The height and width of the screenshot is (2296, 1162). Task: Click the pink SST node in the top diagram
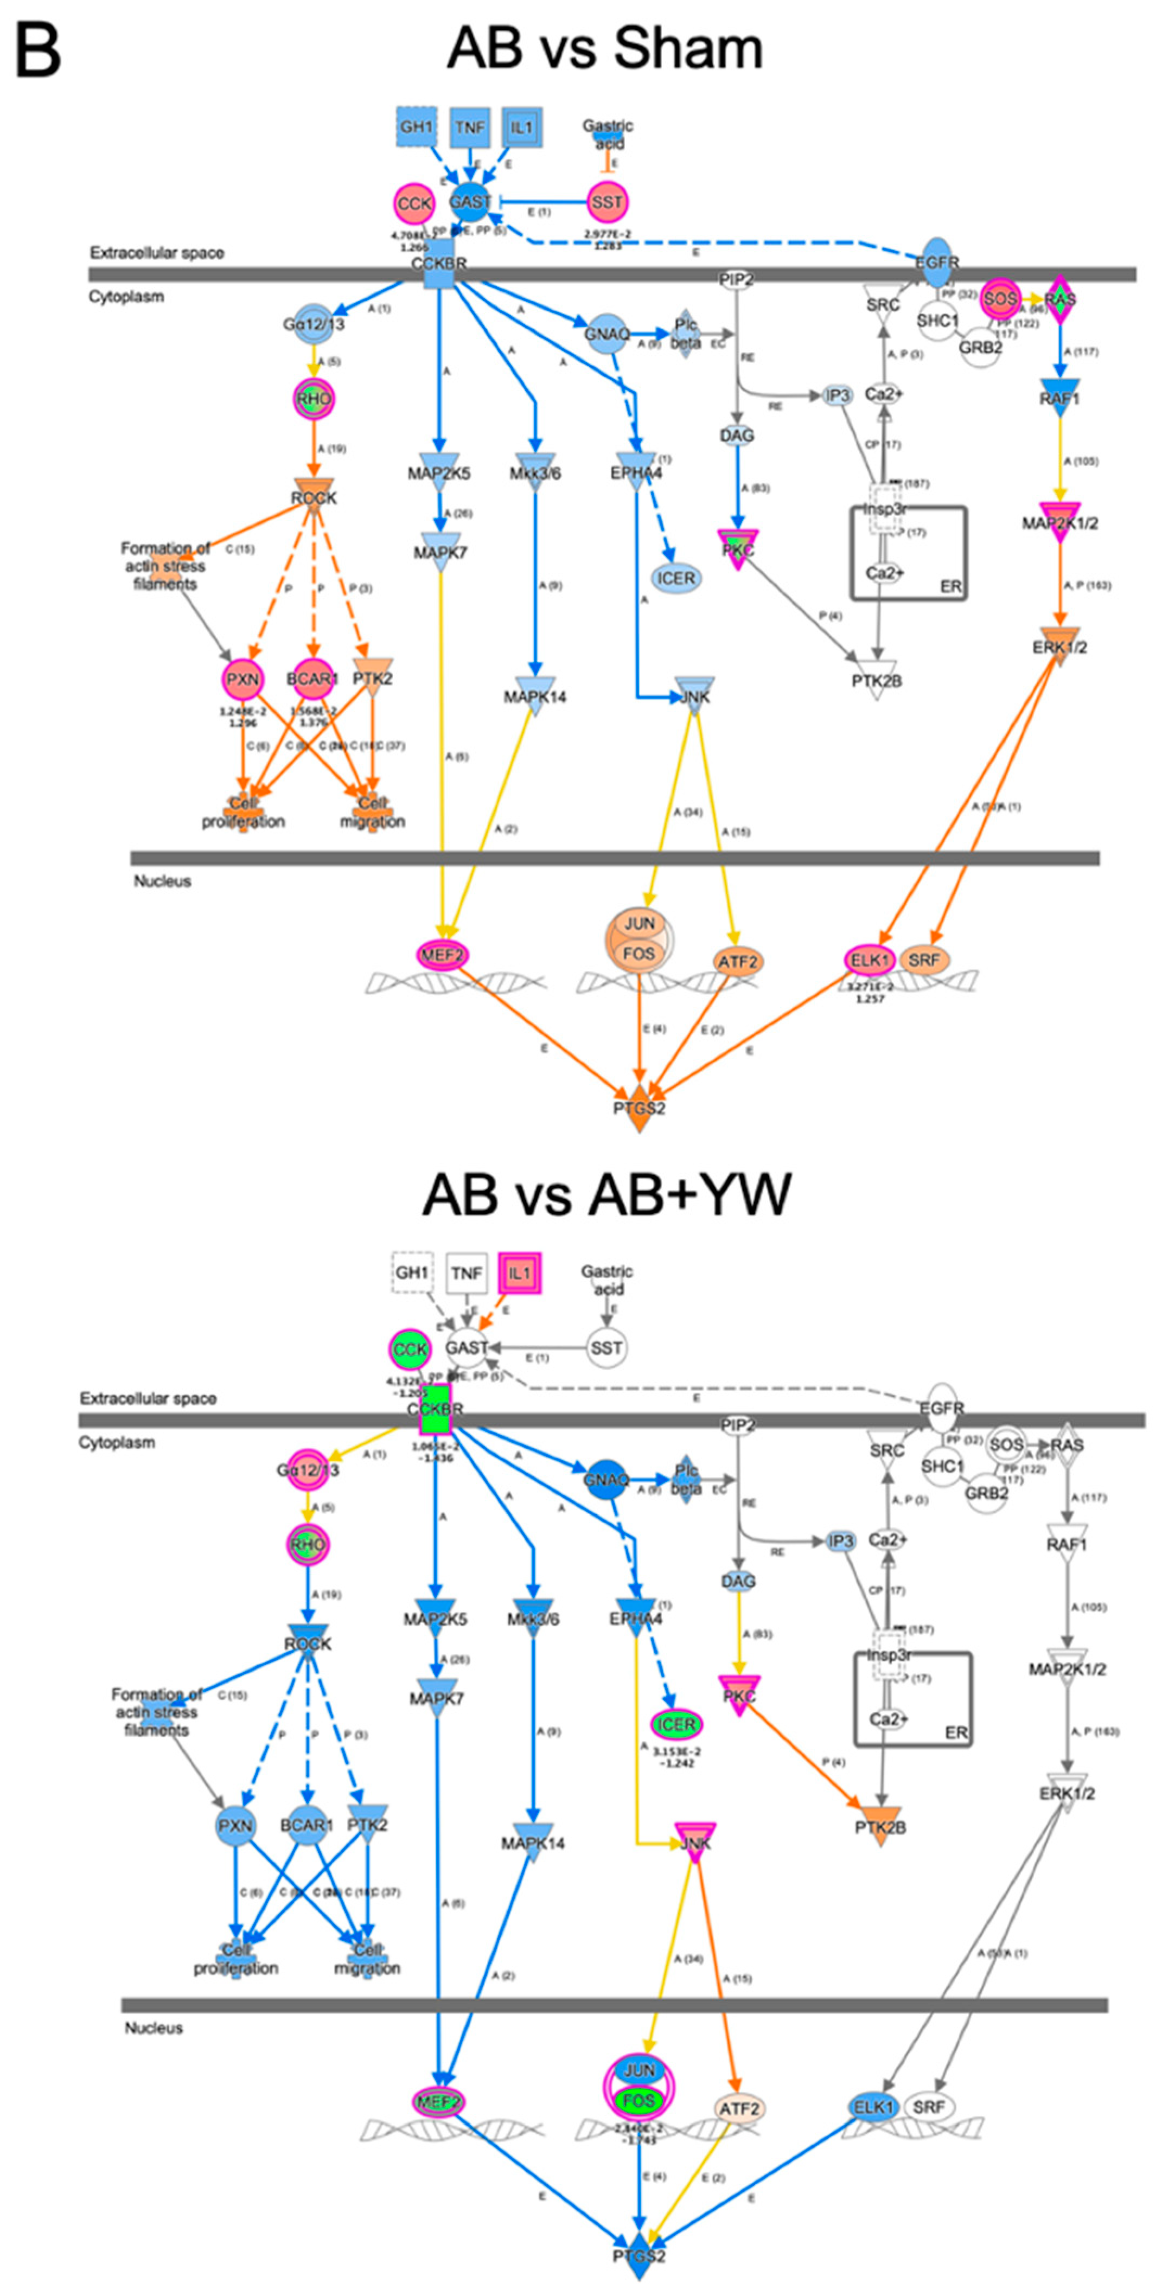[607, 202]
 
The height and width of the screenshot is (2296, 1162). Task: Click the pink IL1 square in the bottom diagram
[520, 1273]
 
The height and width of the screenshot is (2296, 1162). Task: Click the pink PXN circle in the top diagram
[242, 679]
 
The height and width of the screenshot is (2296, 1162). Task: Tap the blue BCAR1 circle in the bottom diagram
[307, 1825]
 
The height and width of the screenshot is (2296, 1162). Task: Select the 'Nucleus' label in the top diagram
[162, 881]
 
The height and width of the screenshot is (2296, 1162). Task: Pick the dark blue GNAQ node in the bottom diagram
[606, 1480]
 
